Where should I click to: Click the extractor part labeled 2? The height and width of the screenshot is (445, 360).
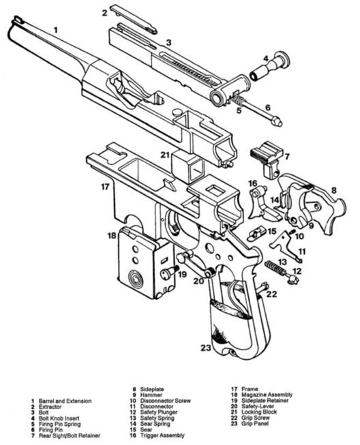[134, 20]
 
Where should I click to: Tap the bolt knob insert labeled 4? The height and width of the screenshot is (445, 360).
[270, 66]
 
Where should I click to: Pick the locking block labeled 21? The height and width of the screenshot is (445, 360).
[189, 166]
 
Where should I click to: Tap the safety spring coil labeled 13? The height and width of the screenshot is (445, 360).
[275, 268]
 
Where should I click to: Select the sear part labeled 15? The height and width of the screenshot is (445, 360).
[257, 233]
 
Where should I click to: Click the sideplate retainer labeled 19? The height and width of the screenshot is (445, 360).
[168, 273]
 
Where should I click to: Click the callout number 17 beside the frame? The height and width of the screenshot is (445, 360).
[105, 187]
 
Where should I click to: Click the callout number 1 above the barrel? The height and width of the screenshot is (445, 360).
[56, 30]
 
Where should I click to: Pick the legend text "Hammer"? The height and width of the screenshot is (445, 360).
[151, 395]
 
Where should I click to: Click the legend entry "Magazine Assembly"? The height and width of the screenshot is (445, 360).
[267, 395]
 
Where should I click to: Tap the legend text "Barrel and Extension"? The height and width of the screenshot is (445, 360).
[65, 401]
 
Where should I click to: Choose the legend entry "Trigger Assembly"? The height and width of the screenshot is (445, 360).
[162, 435]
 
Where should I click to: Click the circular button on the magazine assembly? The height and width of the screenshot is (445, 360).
[136, 278]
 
